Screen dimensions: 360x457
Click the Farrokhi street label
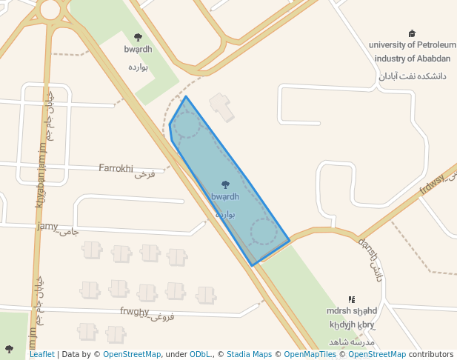coord(116,168)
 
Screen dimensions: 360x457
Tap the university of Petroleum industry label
coord(412,51)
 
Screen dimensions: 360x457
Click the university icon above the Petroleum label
coord(412,33)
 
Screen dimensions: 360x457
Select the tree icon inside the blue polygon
coord(225,184)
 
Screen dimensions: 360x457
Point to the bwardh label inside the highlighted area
coord(225,197)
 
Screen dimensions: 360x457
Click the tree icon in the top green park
coord(138,37)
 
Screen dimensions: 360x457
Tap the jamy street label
coord(47,226)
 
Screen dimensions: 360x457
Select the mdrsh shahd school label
coord(352,311)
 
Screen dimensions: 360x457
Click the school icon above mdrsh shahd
coord(352,299)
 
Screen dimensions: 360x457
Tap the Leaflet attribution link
coord(41,354)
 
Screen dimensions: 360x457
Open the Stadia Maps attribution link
coord(249,354)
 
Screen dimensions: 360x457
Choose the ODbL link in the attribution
coord(200,354)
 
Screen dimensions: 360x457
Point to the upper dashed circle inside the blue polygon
coord(186,125)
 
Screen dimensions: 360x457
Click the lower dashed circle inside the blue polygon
coord(263,232)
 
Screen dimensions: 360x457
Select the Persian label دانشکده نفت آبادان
coord(412,76)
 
